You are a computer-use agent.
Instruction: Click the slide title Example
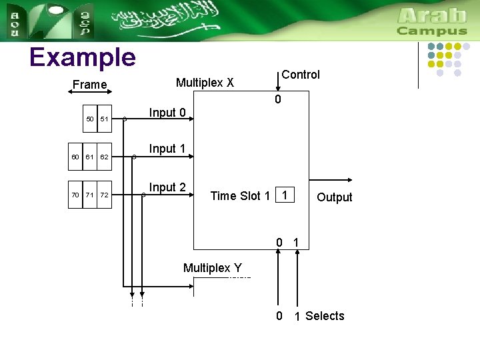click(x=83, y=58)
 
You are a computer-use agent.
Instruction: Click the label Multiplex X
click(x=205, y=83)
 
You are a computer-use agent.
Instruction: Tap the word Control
click(x=301, y=75)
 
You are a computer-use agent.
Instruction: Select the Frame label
click(x=89, y=85)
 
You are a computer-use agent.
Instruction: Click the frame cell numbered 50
click(x=90, y=119)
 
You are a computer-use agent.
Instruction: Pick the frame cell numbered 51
click(x=104, y=119)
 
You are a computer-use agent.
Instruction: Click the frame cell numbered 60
click(x=75, y=157)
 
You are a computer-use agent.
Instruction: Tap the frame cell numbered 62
click(x=104, y=157)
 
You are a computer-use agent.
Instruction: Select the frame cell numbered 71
click(x=89, y=195)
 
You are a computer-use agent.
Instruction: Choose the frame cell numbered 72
click(x=104, y=195)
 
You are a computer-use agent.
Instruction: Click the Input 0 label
click(x=167, y=113)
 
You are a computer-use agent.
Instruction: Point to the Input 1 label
click(x=167, y=149)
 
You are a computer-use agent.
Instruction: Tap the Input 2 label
click(x=167, y=187)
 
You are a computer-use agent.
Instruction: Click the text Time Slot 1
click(x=240, y=195)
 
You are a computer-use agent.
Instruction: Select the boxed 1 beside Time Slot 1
click(x=285, y=195)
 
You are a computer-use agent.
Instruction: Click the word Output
click(x=335, y=197)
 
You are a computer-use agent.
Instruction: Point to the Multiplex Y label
click(x=213, y=268)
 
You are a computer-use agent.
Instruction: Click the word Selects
click(x=325, y=316)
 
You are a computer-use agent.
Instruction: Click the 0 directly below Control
click(x=279, y=100)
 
